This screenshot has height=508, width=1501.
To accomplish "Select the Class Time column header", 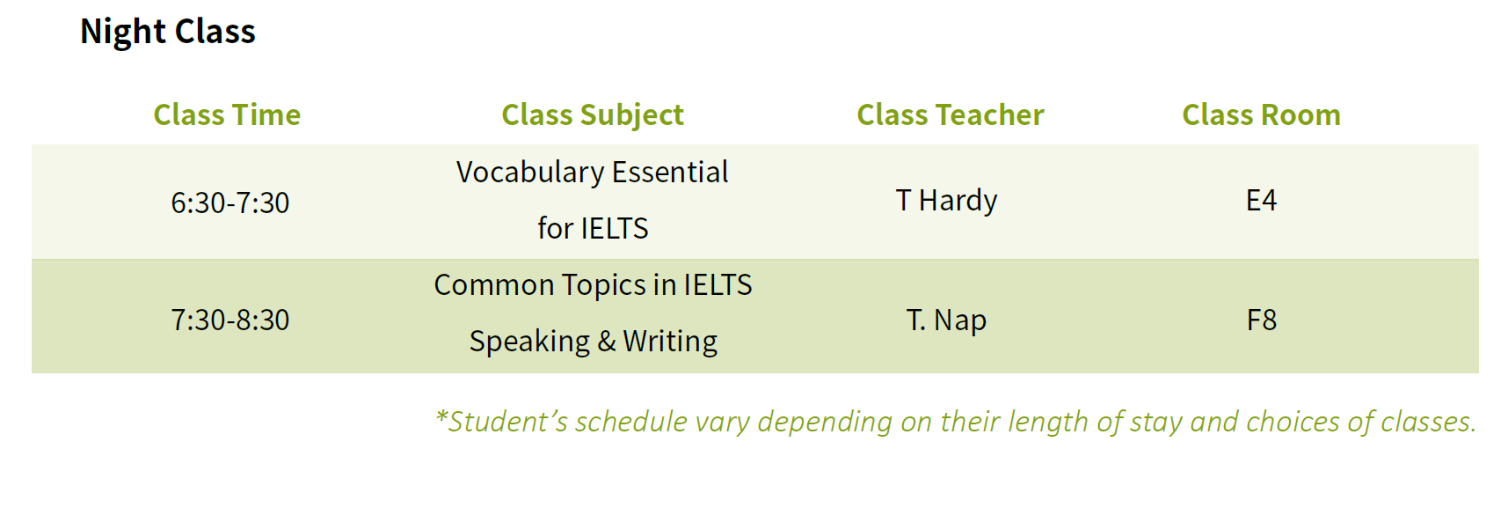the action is tap(227, 114).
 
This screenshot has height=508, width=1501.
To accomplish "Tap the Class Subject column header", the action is tap(593, 115).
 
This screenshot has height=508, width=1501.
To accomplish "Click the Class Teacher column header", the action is tap(951, 114).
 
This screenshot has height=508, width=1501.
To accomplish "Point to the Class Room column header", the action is tap(1261, 114).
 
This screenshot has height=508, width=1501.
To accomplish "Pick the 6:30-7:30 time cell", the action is tap(230, 202).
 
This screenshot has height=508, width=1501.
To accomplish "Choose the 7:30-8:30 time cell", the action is tap(230, 320).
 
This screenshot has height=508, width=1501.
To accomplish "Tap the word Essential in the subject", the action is tap(669, 172).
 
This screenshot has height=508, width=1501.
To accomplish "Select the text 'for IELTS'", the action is tap(593, 228).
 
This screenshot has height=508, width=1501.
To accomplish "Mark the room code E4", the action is tap(1261, 201).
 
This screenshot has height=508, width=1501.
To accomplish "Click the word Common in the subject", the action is tap(494, 285).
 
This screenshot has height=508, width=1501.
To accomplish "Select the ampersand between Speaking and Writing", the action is tap(607, 341).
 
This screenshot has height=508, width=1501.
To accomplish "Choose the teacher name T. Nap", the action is tap(946, 320).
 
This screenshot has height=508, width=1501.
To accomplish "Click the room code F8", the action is tap(1261, 320).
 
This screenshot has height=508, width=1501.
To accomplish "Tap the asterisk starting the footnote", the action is tap(441, 416).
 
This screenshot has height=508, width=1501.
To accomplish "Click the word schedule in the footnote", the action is tap(630, 422).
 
